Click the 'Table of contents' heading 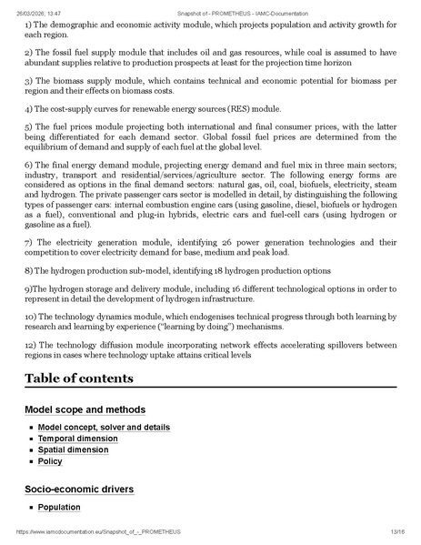pyautogui.click(x=78, y=378)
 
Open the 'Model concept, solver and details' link pyautogui.click(x=104, y=427)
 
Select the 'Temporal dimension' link pyautogui.click(x=77, y=439)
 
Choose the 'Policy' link pyautogui.click(x=50, y=462)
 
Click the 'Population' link pyautogui.click(x=59, y=507)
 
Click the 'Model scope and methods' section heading pyautogui.click(x=85, y=409)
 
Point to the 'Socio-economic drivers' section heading pyautogui.click(x=79, y=489)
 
